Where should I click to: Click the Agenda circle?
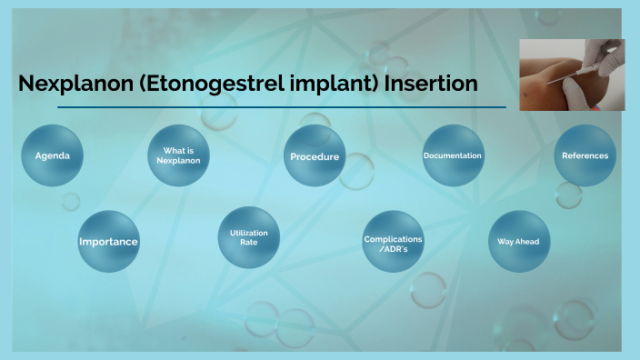(52, 155)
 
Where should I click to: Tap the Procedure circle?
(315, 156)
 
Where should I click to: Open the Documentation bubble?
(453, 155)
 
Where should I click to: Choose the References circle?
(585, 155)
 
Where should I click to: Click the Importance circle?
(108, 242)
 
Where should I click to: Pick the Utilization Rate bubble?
(248, 238)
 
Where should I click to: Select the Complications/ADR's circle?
(393, 242)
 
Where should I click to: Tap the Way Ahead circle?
(519, 242)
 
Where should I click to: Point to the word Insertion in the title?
(431, 85)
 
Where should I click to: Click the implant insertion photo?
(572, 75)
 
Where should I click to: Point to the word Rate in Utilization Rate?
(248, 244)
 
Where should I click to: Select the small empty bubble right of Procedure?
(356, 171)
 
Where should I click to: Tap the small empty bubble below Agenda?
(70, 201)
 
